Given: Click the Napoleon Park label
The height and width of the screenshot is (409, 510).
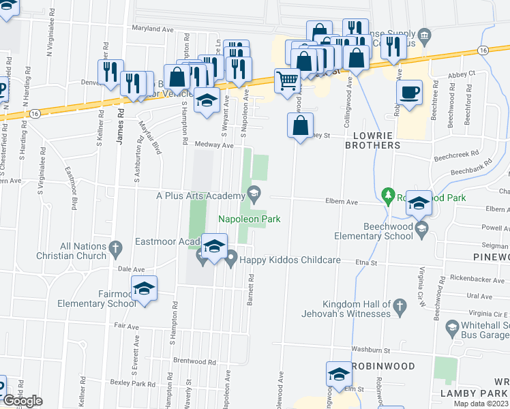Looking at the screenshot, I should point(249,219).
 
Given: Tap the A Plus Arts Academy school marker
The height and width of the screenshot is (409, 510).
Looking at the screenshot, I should point(254,193).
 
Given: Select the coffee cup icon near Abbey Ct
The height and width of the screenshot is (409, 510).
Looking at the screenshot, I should point(409,93).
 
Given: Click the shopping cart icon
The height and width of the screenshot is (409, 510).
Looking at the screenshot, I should point(288,80).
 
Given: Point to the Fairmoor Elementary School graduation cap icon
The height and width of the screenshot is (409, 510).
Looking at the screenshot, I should point(144,288).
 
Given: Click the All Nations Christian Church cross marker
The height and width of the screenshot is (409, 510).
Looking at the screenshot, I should point(115,247).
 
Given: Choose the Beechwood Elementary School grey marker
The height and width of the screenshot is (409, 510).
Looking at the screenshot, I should point(422,226).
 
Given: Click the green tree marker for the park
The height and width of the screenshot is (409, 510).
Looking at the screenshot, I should point(389,196).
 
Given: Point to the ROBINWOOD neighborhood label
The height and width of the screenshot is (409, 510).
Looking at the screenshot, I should point(385,366).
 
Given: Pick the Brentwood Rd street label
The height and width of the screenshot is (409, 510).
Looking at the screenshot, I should point(194,361).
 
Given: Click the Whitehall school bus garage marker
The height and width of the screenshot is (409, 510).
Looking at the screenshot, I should point(451,327).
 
